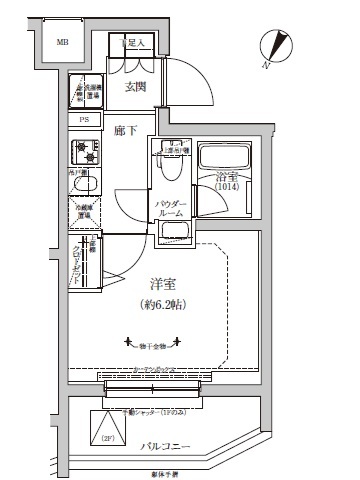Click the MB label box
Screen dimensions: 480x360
tap(62, 43)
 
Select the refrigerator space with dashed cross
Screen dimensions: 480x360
tap(84, 213)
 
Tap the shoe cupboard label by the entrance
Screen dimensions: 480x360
tap(135, 43)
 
